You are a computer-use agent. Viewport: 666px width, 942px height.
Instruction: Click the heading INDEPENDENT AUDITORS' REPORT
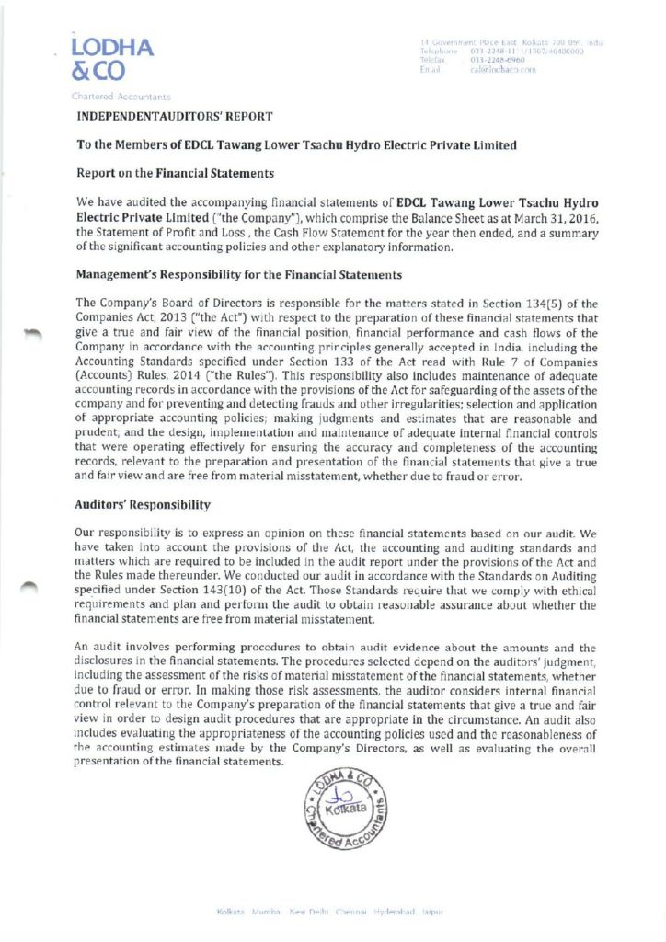(175, 115)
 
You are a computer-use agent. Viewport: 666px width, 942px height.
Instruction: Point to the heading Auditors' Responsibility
(143, 505)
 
